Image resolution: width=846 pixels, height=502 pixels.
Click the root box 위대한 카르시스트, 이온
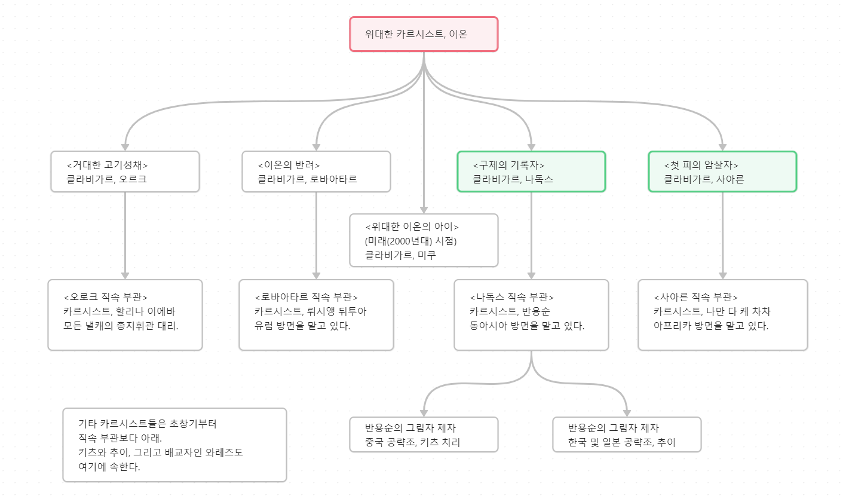point(424,34)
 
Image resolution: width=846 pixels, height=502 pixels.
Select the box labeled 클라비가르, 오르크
point(125,172)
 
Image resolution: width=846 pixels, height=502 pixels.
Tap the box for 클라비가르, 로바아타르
point(316,172)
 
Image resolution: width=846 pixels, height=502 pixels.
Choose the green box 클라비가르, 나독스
point(531,172)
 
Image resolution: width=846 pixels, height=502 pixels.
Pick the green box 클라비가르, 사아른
point(722,172)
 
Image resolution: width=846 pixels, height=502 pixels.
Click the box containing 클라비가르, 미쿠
point(424,240)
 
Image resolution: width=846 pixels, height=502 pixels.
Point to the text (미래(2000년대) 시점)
point(410,241)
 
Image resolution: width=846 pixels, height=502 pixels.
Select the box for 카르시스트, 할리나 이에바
point(125,315)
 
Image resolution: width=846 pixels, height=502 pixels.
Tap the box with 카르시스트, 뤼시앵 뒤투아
point(316,315)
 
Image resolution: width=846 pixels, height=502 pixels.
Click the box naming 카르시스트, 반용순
point(531,315)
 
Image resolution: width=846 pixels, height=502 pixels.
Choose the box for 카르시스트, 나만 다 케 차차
point(722,315)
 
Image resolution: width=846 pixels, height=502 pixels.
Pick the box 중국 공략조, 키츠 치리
point(424,434)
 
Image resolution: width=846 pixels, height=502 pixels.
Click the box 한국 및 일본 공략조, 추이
point(627,434)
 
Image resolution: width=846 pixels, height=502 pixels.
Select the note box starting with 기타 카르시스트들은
point(174,445)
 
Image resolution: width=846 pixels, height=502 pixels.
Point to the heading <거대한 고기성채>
point(107,165)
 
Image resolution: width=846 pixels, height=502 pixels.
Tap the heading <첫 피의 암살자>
point(701,165)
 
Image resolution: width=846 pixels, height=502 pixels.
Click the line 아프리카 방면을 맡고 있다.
point(711,326)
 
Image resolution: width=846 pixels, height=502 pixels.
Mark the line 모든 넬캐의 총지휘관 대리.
point(121,326)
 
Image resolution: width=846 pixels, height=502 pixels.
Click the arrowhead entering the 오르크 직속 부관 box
point(125,276)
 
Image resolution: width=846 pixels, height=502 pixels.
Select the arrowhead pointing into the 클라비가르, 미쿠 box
point(424,210)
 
